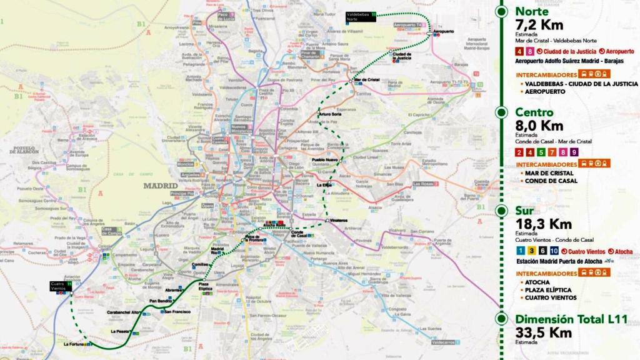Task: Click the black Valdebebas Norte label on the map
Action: pyautogui.click(x=360, y=16)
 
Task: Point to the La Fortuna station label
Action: pyautogui.click(x=74, y=344)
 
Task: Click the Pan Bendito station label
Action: pyautogui.click(x=161, y=301)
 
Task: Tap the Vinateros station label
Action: pyautogui.click(x=339, y=221)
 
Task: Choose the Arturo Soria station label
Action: pyautogui.click(x=330, y=114)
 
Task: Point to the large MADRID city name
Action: pyautogui.click(x=161, y=186)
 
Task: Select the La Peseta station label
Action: pyautogui.click(x=119, y=331)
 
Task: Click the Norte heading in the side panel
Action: pyautogui.click(x=532, y=11)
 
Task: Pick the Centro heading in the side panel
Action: pyautogui.click(x=534, y=112)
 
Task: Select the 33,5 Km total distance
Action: pyautogui.click(x=543, y=332)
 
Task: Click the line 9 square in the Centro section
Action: pyautogui.click(x=574, y=152)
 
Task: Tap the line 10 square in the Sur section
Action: pyautogui.click(x=554, y=251)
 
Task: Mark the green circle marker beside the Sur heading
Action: pyautogui.click(x=501, y=211)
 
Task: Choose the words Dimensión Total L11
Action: pyautogui.click(x=570, y=319)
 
